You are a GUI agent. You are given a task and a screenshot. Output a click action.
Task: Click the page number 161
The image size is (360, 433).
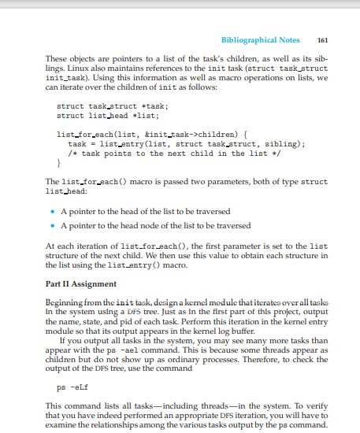pos(321,39)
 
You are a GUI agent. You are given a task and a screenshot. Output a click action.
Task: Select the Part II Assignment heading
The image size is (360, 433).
pos(80,283)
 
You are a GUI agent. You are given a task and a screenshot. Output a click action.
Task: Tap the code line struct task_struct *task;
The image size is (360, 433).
pos(113,105)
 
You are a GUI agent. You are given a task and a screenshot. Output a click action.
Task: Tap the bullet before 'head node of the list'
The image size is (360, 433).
pos(52,226)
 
